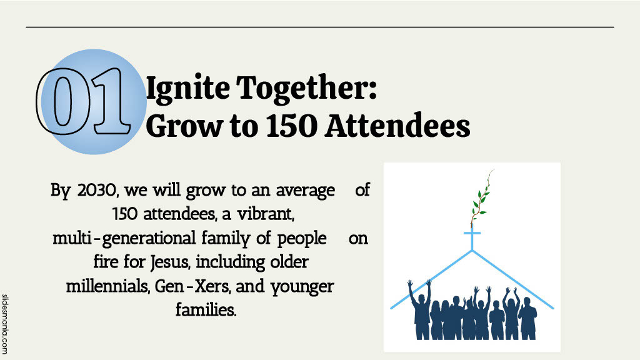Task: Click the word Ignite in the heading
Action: pos(188,89)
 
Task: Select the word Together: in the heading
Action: pos(307,89)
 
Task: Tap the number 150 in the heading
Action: pos(292,126)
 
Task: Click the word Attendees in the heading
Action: pos(397,126)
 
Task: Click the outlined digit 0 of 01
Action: pos(63,101)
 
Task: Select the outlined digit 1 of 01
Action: pos(109,101)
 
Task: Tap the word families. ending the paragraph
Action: pos(206,309)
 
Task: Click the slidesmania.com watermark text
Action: pos(5,324)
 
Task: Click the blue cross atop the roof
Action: pos(472,239)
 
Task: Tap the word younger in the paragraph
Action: pos(302,286)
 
